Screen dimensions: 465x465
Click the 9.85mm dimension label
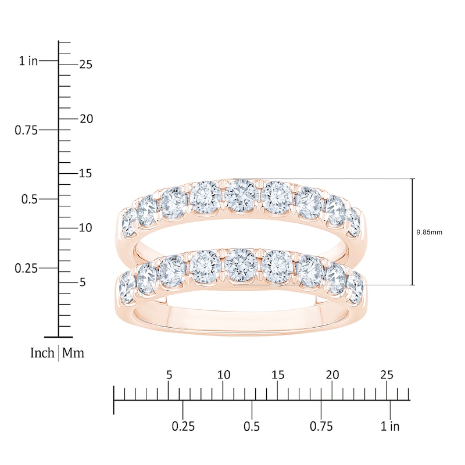pos(429,232)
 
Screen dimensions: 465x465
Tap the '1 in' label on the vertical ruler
pos(28,61)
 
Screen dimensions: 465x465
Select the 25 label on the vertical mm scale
pos(86,65)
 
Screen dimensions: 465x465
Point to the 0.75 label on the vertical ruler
pos(26,130)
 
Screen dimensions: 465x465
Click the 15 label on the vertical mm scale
pos(85,173)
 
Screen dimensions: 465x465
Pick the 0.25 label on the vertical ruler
pos(26,269)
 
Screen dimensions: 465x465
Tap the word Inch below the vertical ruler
pos(42,353)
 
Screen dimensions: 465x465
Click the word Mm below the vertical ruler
pos(73,353)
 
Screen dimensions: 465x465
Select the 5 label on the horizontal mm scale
pos(169,375)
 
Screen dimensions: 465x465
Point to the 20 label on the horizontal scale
pos(332,375)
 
